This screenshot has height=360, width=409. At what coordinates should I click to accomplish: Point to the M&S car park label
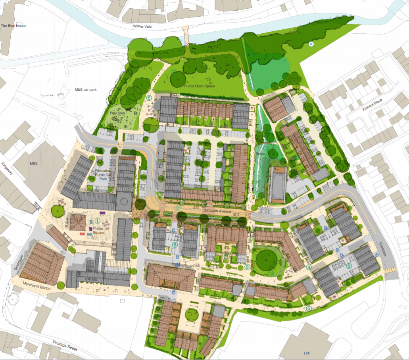pyautogui.click(x=86, y=90)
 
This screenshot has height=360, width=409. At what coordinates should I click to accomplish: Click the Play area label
pyautogui.click(x=117, y=113)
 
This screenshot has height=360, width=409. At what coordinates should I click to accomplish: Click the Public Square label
pyautogui.click(x=98, y=230)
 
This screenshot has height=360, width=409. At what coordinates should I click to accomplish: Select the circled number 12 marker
pyautogui.click(x=311, y=44)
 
